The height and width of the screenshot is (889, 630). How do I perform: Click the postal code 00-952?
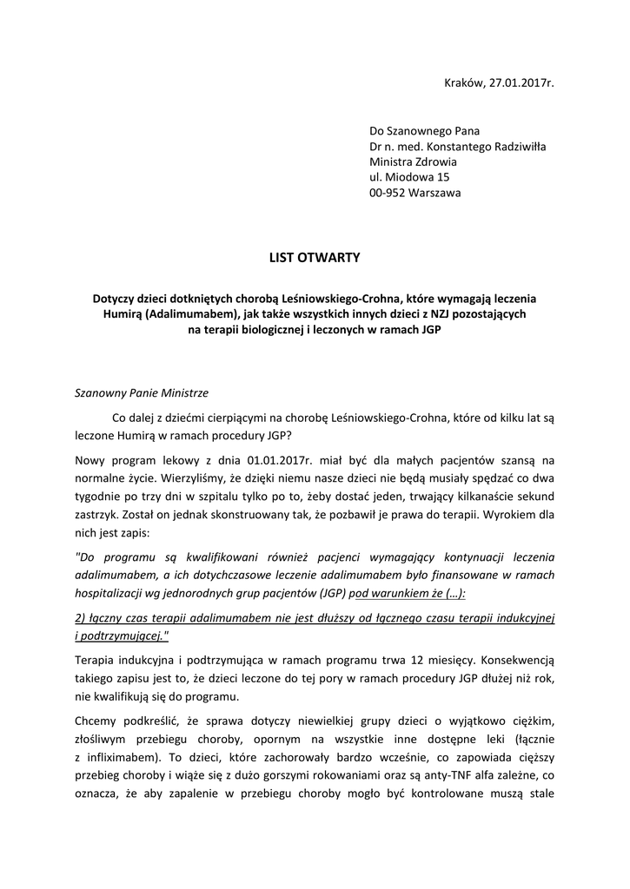(389, 193)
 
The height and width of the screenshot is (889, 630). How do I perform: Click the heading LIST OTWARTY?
(315, 257)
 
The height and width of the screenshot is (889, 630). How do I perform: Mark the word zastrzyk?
(99, 512)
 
